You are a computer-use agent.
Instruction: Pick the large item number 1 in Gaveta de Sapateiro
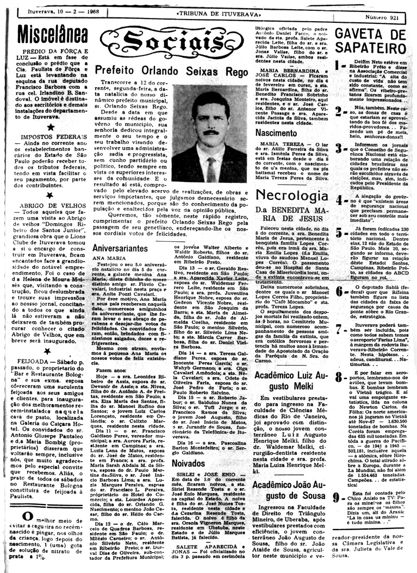click(x=338, y=66)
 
